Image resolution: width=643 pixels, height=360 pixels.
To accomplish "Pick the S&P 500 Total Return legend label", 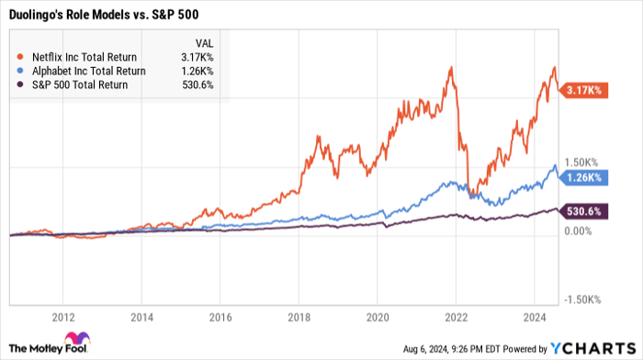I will (x=75, y=85).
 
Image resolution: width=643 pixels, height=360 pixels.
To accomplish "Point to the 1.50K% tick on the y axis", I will (x=582, y=162).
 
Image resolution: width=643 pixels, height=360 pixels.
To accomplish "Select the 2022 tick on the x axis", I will (x=453, y=316).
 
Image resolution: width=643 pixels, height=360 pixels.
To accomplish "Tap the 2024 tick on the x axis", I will (x=530, y=316).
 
